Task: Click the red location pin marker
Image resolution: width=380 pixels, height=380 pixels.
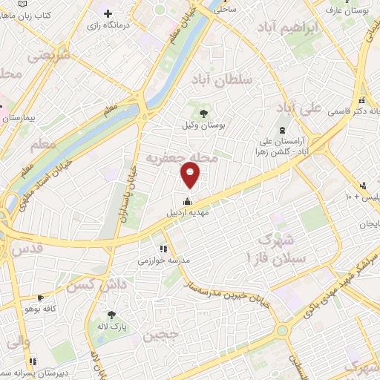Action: click(191, 175)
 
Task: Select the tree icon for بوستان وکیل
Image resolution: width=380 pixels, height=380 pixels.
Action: click(203, 112)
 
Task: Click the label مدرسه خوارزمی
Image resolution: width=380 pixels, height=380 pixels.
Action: click(165, 261)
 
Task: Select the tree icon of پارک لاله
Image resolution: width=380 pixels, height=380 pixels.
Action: click(112, 315)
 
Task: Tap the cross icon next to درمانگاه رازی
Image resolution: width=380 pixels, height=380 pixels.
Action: click(108, 13)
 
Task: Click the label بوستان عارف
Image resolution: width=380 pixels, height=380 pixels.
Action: click(353, 11)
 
